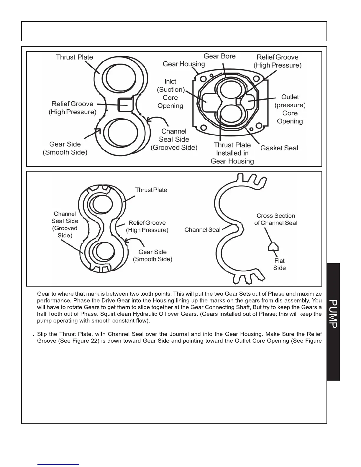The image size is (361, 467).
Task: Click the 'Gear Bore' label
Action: pos(219,56)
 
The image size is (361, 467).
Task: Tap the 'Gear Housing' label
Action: pos(183,64)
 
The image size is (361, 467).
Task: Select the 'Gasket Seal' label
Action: pos(279,148)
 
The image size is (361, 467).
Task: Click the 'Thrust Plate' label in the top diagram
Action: pos(74,57)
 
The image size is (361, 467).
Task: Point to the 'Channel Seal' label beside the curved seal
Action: pos(202,230)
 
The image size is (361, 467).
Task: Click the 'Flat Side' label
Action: pos(279,264)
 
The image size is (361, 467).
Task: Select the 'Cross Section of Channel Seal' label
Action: pos(275,219)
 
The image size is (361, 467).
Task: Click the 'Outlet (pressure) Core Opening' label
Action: pos(290,109)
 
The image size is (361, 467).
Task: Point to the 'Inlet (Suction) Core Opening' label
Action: pos(170,93)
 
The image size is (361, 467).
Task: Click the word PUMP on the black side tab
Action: pos(333,314)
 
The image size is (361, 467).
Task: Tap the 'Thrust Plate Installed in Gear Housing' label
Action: pos(232,153)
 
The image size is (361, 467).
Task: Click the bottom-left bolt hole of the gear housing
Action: pos(203,127)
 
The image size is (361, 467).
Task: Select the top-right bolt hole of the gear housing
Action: pos(257,78)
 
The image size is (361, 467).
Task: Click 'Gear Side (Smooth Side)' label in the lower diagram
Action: pos(152,256)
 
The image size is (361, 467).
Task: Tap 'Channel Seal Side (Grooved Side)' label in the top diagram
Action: pos(174,139)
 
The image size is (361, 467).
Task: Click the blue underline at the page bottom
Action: pos(58,464)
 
